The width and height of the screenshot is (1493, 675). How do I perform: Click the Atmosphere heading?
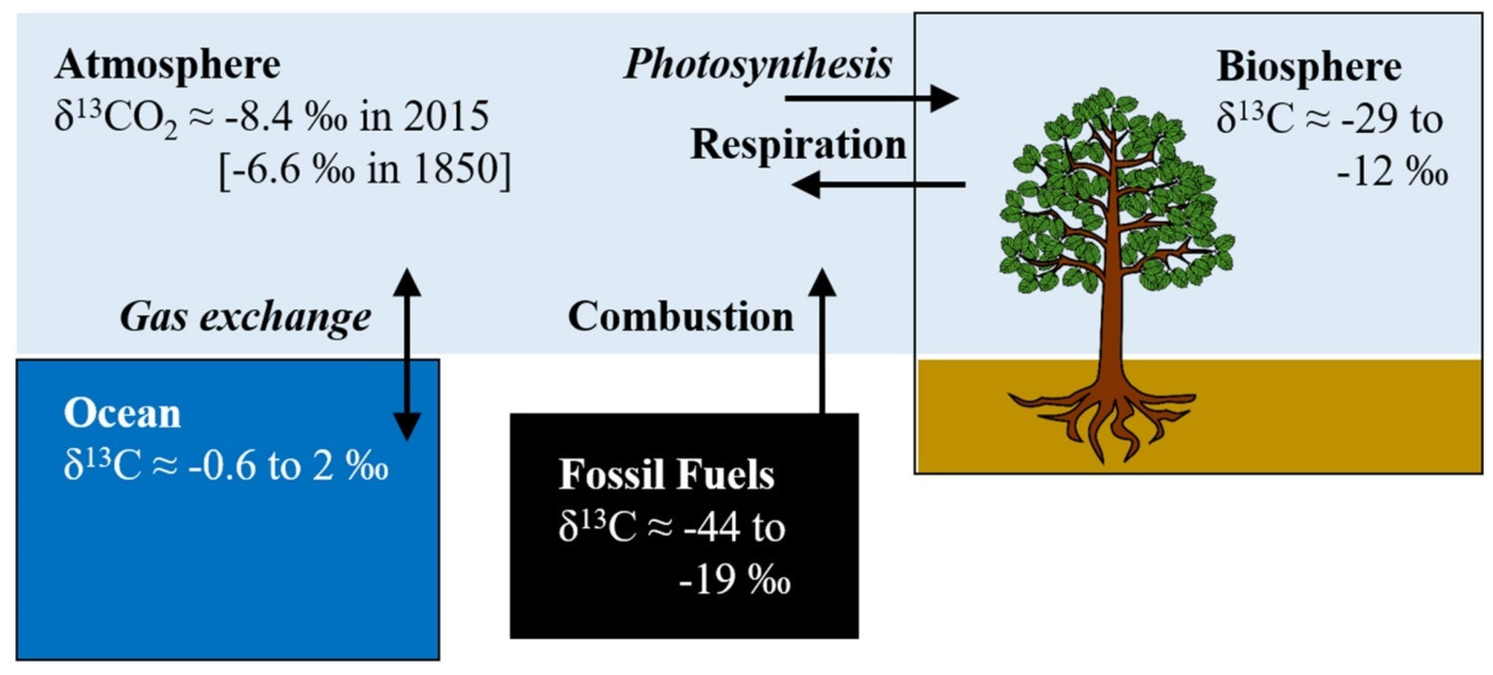pyautogui.click(x=168, y=65)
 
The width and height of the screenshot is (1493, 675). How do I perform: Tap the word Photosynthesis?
pyautogui.click(x=758, y=65)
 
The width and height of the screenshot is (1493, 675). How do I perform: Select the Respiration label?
pyautogui.click(x=798, y=145)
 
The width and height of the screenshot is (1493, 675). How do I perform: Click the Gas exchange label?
pyautogui.click(x=245, y=318)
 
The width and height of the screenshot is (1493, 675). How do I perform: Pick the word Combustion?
pyautogui.click(x=680, y=318)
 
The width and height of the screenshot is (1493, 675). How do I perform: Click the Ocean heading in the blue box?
pyautogui.click(x=122, y=414)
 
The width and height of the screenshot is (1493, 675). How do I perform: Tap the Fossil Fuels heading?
pyautogui.click(x=667, y=475)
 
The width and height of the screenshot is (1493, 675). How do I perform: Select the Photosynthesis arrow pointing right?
pyautogui.click(x=869, y=98)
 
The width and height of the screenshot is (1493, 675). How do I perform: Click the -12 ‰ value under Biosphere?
pyautogui.click(x=1391, y=172)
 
